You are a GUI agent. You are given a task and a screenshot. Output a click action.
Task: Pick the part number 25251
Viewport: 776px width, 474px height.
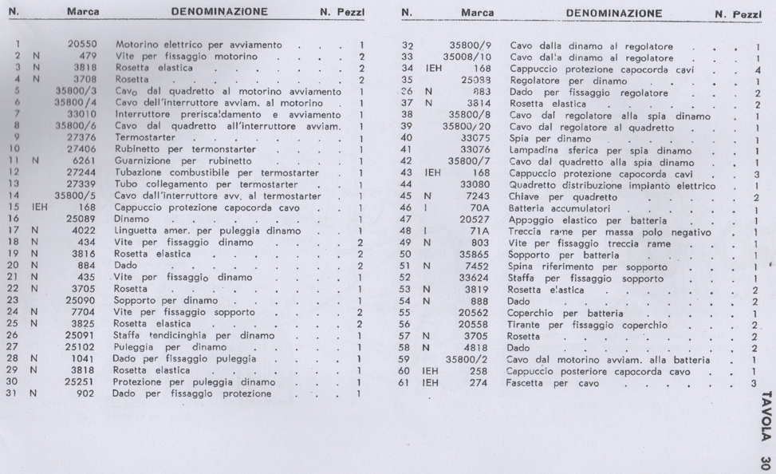(x=80, y=382)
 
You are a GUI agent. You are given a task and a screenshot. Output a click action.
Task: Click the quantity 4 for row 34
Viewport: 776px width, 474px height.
(x=756, y=69)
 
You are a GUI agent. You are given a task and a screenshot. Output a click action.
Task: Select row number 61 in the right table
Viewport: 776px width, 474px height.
(x=404, y=382)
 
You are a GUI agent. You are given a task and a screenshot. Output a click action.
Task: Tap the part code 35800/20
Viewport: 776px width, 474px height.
(x=469, y=127)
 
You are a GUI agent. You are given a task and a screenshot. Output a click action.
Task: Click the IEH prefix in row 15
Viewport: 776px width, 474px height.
(x=37, y=207)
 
